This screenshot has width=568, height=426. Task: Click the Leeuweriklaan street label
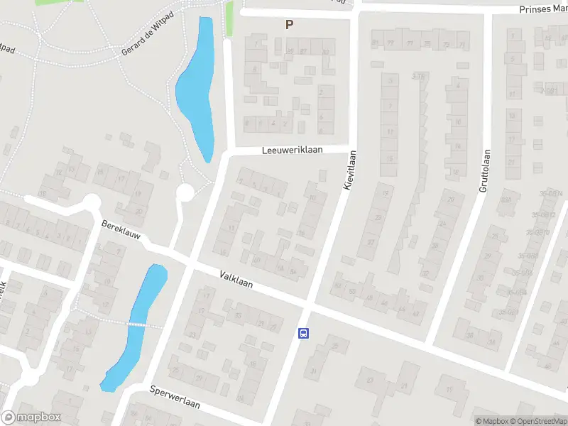click(292, 151)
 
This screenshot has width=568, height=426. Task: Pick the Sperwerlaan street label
click(175, 398)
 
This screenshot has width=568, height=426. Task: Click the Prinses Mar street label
click(543, 10)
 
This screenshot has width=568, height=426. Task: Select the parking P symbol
click(289, 24)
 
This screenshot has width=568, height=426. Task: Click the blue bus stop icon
click(303, 333)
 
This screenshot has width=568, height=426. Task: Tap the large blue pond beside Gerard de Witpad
click(197, 85)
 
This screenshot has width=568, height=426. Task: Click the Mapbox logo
click(31, 417)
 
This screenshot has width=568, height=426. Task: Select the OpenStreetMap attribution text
click(538, 421)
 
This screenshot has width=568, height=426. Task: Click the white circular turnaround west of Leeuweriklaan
click(185, 192)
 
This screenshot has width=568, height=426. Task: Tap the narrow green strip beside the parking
click(229, 19)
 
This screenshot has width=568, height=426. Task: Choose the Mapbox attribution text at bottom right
click(492, 421)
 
